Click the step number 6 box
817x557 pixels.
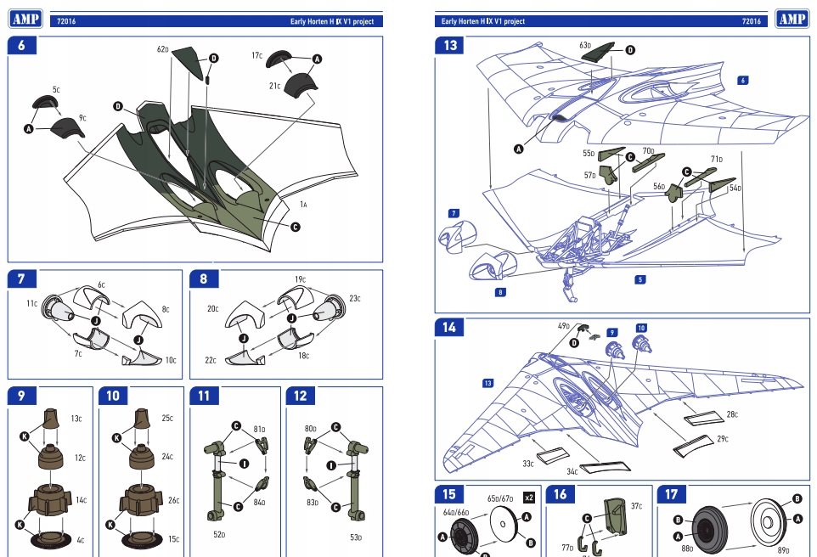21,46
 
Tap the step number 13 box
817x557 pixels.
450,46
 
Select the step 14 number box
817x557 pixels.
450,327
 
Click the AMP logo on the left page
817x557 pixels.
25,19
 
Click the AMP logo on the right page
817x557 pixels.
792,19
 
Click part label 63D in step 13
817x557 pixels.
585,45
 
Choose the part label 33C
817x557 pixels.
527,464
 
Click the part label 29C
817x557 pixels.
722,439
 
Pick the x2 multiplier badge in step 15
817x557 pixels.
529,498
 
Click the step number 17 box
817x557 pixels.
672,494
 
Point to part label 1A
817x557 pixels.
303,205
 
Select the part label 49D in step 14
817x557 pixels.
563,325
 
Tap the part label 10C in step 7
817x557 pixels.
171,360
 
